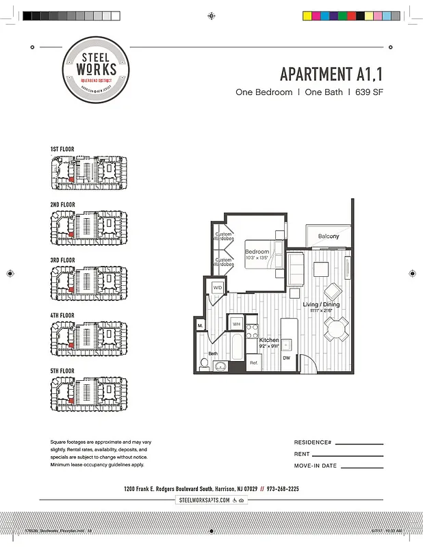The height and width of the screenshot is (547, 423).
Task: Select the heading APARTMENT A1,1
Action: click(x=331, y=74)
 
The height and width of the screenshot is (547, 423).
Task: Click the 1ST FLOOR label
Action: click(x=62, y=149)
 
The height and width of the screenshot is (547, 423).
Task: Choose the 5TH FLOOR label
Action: click(x=62, y=371)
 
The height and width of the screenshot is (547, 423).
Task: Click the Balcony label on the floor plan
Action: click(x=329, y=237)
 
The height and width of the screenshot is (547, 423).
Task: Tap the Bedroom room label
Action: click(x=257, y=252)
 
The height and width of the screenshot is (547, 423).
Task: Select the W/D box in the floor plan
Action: click(x=218, y=288)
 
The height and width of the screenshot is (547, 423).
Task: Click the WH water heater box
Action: click(x=236, y=324)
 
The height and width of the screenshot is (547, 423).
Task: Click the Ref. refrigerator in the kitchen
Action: click(x=253, y=363)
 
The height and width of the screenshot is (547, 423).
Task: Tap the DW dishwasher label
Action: click(x=286, y=358)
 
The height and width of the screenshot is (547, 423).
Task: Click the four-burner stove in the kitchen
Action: click(x=251, y=325)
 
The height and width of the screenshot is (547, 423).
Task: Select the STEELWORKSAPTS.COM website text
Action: click(x=205, y=501)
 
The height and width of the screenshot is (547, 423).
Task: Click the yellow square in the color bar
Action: click(x=307, y=15)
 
